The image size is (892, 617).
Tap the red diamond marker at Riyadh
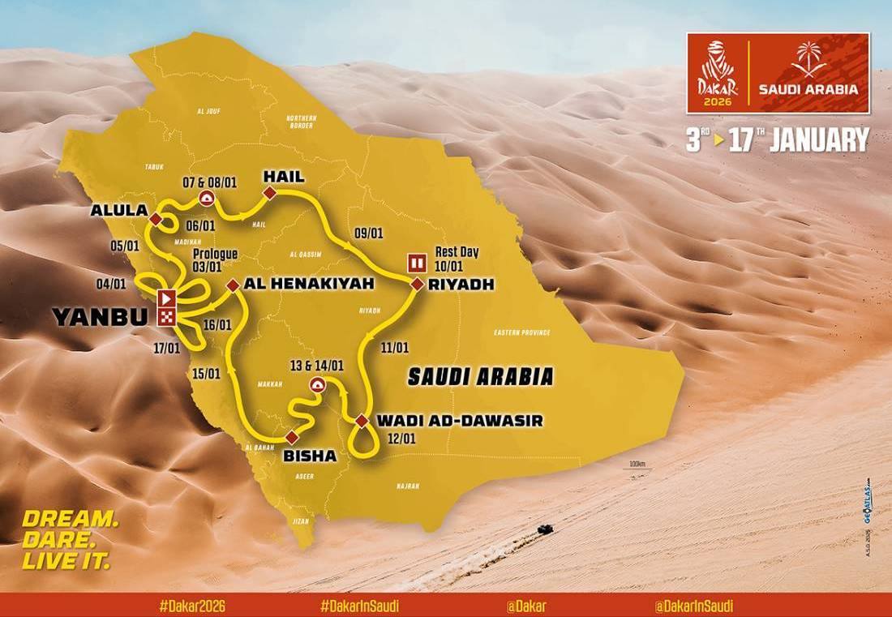pos(417,285)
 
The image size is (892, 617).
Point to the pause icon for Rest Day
pos(417,263)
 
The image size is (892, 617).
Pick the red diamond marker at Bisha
pos(291,438)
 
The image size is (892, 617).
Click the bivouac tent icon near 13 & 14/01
pos(317,385)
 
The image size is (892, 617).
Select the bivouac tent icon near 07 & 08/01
pos(208,199)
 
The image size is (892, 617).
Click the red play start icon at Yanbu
pos(166,297)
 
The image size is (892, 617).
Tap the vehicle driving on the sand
pos(545,529)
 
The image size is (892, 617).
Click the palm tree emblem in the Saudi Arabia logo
pos(808,58)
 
